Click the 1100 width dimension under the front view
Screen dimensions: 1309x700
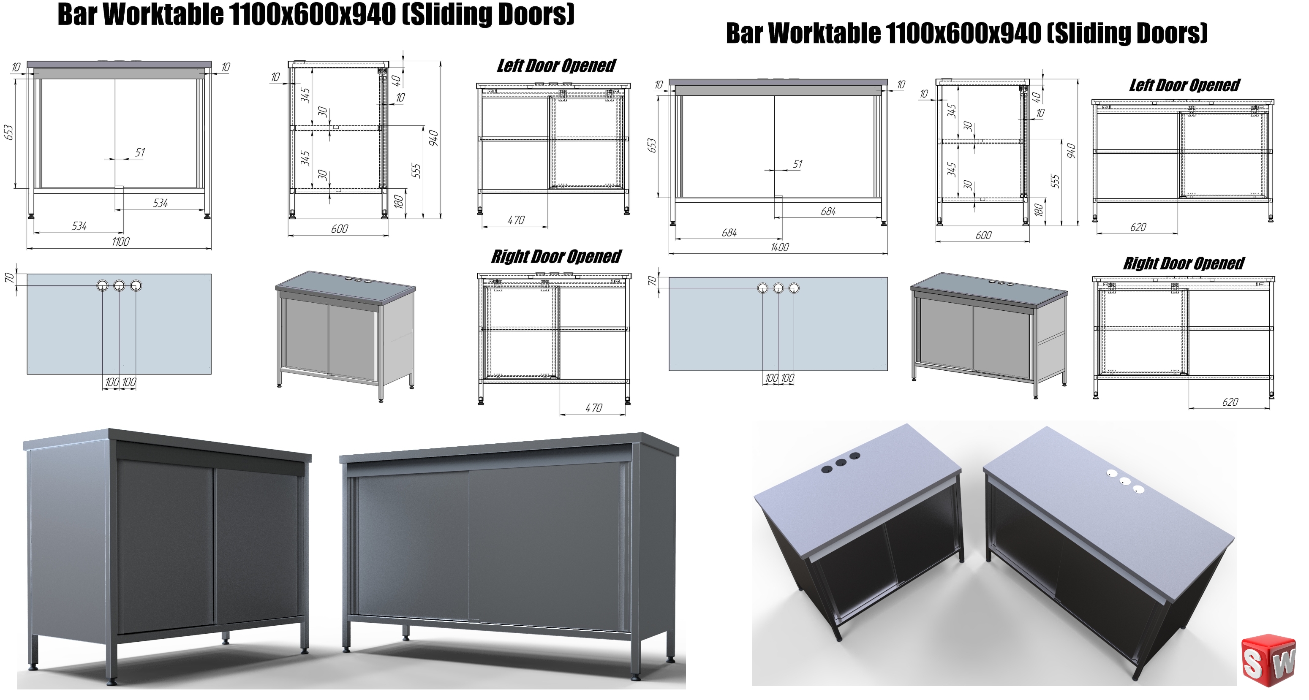120,242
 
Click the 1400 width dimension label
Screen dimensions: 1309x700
779,247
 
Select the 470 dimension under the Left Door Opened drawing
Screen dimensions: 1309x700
516,220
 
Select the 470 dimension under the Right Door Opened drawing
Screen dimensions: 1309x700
593,408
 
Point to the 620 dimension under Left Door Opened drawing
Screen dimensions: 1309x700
1138,228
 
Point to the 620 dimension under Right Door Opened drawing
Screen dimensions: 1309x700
1230,402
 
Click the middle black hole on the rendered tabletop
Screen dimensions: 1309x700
841,463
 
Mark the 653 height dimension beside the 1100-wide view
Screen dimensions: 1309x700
8,133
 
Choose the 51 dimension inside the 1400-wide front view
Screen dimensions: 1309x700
797,164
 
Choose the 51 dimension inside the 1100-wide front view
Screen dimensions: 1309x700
140,152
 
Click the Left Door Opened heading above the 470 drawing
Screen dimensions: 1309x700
556,65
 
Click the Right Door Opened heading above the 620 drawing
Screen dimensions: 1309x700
1184,263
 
